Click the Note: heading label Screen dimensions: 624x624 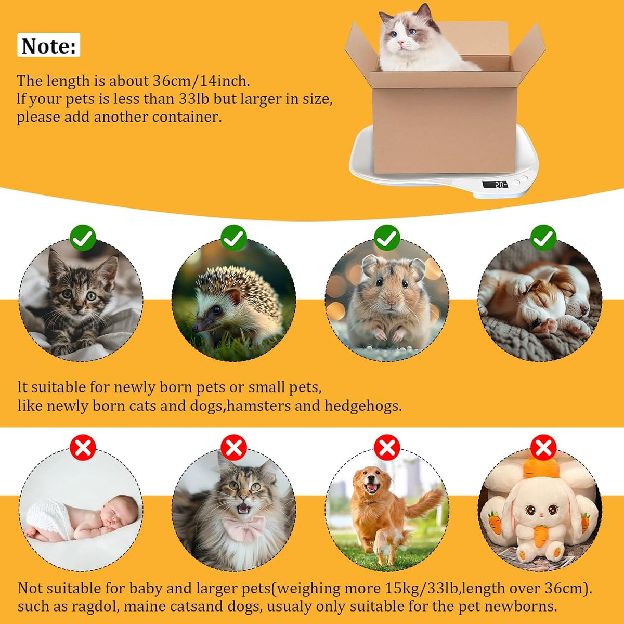tap(48, 45)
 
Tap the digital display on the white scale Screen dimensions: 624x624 tap(495, 184)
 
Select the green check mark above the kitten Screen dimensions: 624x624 tap(83, 238)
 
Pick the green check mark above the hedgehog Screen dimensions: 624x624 tap(234, 238)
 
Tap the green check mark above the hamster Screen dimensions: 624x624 tap(387, 238)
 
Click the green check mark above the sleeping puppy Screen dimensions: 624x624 tap(544, 238)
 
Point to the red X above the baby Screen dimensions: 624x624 tap(83, 448)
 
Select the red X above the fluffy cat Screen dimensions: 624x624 tap(234, 448)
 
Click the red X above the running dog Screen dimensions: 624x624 tap(387, 448)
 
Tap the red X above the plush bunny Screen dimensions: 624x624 tap(544, 448)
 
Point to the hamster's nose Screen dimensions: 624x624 tap(391, 303)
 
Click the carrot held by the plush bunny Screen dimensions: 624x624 tap(539, 536)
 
